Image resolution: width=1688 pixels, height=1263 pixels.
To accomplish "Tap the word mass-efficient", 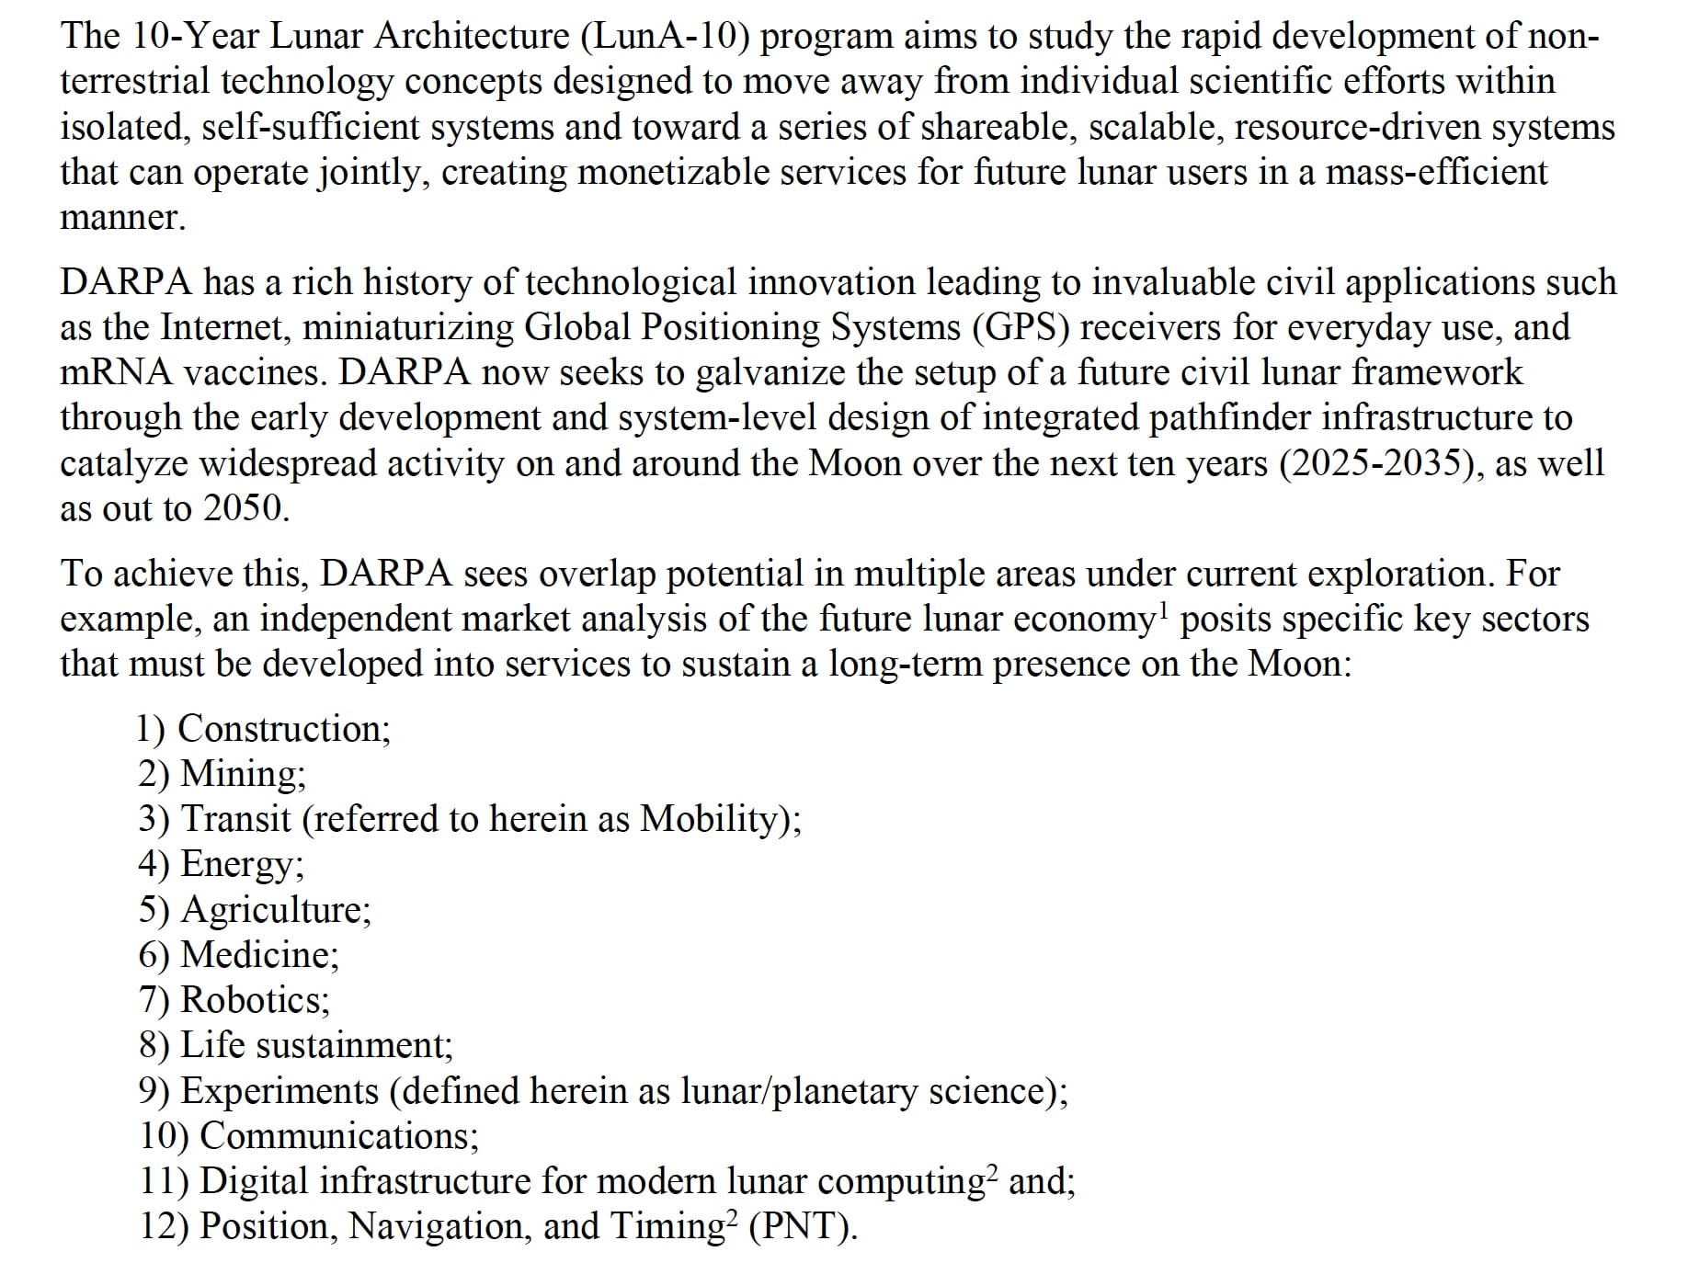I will coord(1436,173).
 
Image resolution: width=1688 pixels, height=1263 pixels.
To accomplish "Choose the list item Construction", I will coord(283,729).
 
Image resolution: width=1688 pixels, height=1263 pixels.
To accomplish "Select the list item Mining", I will coord(243,774).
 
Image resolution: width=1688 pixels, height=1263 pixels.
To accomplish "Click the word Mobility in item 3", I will coord(709,819).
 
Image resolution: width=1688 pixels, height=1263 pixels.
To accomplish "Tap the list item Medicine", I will coord(259,955).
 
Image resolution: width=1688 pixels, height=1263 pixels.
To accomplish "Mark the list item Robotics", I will coord(255,1000).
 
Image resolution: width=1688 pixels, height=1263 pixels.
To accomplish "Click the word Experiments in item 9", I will coord(279,1091).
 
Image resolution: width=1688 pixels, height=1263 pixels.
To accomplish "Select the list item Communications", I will coord(338,1136).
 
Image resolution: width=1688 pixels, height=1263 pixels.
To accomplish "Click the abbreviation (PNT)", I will coord(803,1227).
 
